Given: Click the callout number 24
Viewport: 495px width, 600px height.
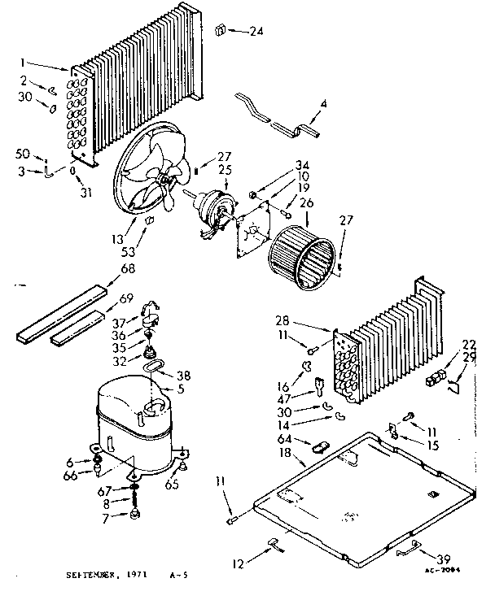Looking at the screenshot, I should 256,33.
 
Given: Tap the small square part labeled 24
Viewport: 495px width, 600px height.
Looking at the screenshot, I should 219,31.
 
